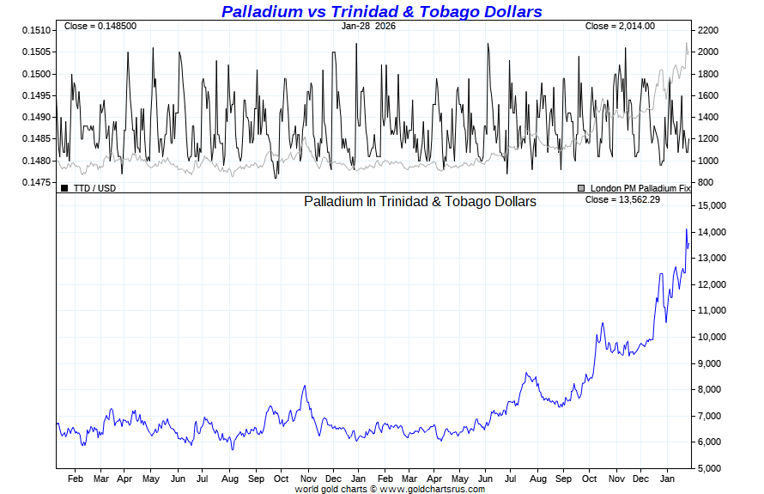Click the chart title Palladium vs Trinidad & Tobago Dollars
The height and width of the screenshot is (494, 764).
point(381,11)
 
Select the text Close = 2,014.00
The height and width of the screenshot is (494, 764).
point(620,27)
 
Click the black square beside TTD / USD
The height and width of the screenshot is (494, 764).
point(64,187)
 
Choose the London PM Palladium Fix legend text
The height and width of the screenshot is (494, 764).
point(640,187)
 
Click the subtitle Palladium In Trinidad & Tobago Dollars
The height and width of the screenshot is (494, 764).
point(420,201)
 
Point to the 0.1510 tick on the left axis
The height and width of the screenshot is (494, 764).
point(37,30)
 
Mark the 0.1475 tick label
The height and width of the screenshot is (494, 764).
point(37,182)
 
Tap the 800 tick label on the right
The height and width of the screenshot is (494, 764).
point(705,182)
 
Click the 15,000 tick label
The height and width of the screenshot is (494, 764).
point(715,206)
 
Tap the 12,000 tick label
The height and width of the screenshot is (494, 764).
point(715,284)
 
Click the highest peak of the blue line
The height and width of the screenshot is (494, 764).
point(686,229)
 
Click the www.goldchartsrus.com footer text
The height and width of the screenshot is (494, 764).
point(432,489)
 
